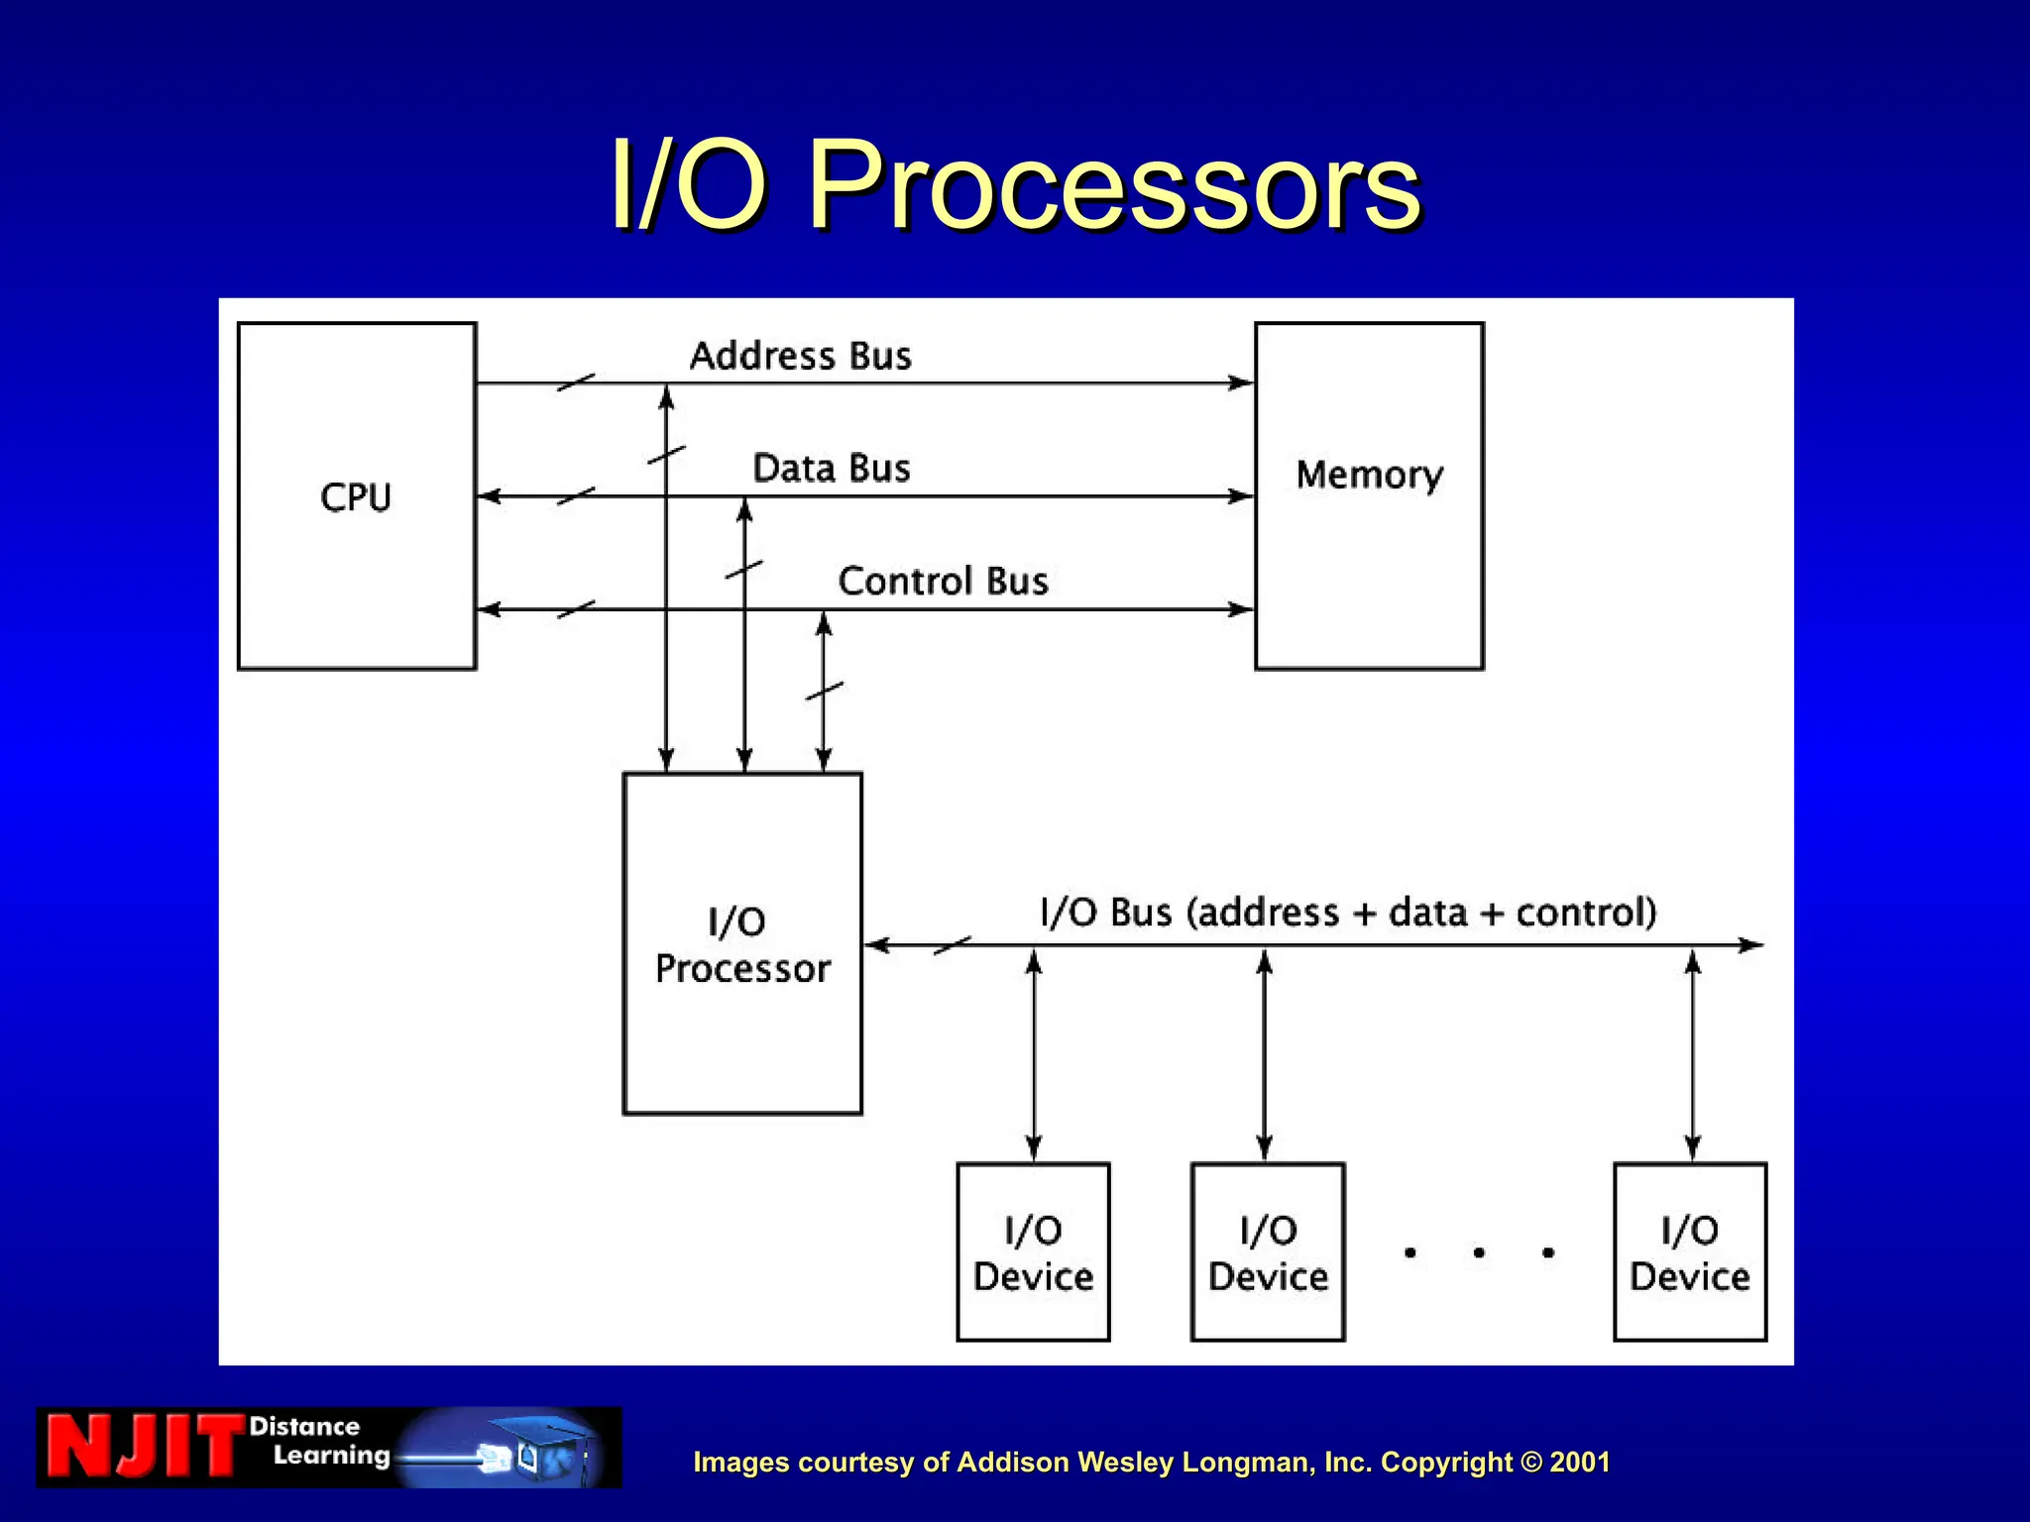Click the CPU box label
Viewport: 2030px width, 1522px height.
pos(356,497)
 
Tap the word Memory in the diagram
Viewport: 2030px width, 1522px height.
pos(1370,476)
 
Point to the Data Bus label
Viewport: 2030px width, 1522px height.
pos(831,469)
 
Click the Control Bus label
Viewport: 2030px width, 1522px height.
pos(943,582)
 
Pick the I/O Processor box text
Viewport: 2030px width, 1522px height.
pos(742,945)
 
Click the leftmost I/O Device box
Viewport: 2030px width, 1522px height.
pos(1033,1252)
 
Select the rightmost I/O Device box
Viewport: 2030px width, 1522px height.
pos(1690,1252)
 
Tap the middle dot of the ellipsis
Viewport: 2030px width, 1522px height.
pos(1479,1253)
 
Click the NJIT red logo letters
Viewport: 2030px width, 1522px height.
pos(144,1448)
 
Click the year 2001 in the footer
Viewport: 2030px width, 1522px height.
pos(1580,1463)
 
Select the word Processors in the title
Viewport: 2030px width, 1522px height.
pos(1114,185)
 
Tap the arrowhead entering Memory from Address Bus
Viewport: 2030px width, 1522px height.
pos(1242,382)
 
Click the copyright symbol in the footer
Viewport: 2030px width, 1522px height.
pos(1532,1463)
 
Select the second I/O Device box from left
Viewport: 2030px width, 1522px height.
pos(1268,1252)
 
